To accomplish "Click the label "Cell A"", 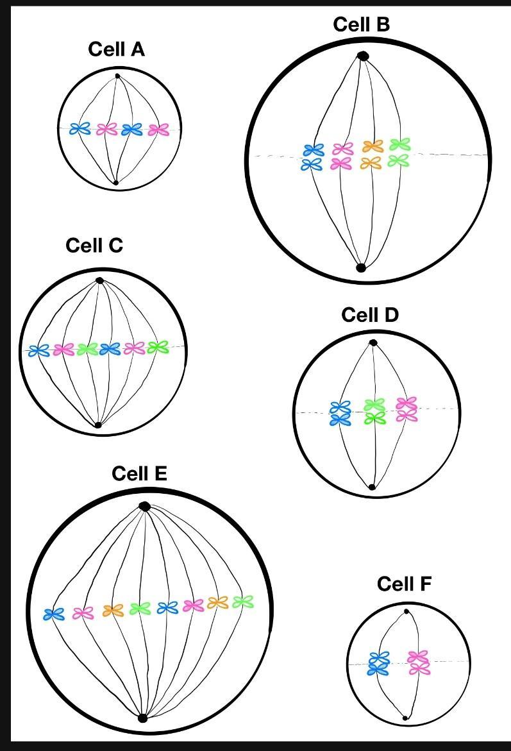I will (116, 49).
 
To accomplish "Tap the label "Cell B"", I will (361, 24).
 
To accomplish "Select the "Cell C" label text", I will (94, 246).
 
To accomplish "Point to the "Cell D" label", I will (370, 315).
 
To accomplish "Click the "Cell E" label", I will (139, 473).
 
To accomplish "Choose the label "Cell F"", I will (404, 584).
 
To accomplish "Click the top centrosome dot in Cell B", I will (363, 56).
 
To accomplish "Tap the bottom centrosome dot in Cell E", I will (142, 718).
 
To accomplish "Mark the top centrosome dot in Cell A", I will (117, 76).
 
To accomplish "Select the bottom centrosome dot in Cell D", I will (372, 487).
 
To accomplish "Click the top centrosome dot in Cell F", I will (405, 611).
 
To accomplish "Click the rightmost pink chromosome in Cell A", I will (158, 130).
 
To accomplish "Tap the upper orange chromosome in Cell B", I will (372, 147).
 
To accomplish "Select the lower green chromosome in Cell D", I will (374, 418).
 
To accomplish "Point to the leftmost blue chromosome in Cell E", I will (54, 614).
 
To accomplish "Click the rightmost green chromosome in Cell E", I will (243, 602).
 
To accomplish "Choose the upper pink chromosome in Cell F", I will (418, 657).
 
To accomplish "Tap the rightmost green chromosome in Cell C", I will (157, 348).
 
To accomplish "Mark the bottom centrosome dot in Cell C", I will (98, 425).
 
